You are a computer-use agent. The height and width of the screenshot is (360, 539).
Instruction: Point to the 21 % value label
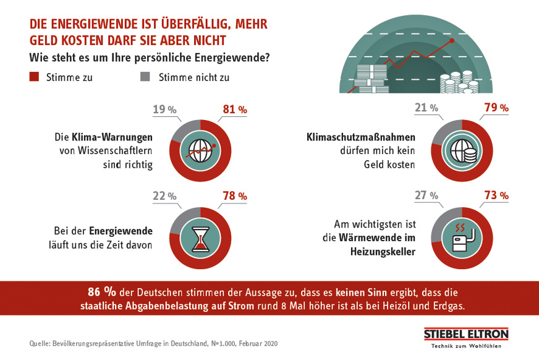pyautogui.click(x=427, y=108)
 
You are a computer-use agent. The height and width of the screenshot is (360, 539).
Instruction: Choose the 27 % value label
pyautogui.click(x=427, y=195)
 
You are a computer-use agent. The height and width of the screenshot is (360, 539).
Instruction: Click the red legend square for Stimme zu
pyautogui.click(x=34, y=77)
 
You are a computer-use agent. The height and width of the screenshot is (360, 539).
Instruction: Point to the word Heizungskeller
pyautogui.click(x=381, y=251)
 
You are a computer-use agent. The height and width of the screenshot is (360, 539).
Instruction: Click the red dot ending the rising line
pyautogui.click(x=452, y=40)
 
